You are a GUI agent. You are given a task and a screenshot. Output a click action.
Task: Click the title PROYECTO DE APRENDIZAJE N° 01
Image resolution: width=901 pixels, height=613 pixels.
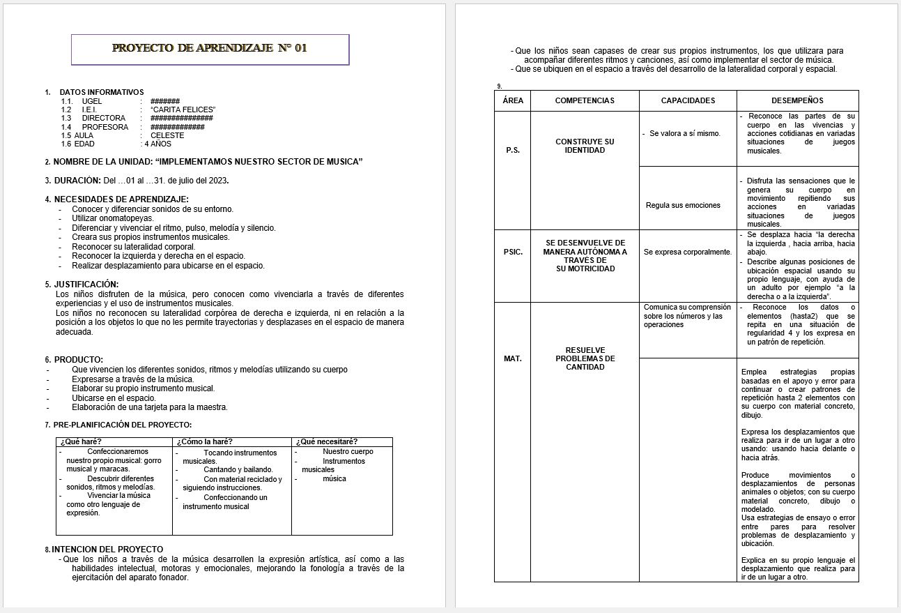click(209, 48)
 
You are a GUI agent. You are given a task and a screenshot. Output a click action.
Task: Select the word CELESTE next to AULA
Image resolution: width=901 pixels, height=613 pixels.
click(167, 135)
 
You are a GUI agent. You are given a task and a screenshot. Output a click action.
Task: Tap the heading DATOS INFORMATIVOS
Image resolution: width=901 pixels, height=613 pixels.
click(102, 92)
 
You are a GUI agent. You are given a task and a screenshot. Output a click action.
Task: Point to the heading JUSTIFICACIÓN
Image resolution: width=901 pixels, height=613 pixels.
click(86, 284)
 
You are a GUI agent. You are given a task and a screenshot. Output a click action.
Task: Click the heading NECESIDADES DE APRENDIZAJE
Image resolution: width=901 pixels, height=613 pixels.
click(121, 199)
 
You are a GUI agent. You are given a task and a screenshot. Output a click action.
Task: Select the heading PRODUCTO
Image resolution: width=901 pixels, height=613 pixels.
click(78, 359)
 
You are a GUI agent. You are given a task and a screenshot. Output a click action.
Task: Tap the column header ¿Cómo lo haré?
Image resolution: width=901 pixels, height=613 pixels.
click(204, 441)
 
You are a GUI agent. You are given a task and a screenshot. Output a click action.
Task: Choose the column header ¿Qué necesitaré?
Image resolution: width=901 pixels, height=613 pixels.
click(327, 441)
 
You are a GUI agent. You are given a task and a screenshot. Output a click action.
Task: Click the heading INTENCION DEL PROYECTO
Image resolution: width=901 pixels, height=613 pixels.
click(107, 549)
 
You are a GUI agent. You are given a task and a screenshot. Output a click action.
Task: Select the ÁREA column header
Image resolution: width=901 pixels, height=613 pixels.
click(513, 100)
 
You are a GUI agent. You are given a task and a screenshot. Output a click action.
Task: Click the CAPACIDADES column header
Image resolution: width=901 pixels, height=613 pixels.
click(688, 100)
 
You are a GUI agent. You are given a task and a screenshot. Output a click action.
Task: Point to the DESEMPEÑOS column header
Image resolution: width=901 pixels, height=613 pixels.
click(797, 100)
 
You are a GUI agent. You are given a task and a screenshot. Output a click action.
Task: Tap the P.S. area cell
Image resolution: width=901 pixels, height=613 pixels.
click(513, 150)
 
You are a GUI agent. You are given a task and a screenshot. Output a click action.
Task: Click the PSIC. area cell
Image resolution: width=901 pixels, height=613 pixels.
click(513, 252)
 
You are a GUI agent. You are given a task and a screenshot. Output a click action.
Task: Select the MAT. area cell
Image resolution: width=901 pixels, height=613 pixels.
click(513, 358)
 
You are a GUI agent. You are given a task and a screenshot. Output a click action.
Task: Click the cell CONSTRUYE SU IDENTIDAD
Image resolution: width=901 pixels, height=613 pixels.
click(585, 146)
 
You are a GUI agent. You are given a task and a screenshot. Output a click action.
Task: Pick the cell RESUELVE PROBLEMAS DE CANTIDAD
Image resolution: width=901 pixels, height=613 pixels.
click(585, 358)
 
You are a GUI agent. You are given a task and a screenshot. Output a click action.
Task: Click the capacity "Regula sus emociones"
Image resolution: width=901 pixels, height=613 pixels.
click(673, 205)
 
